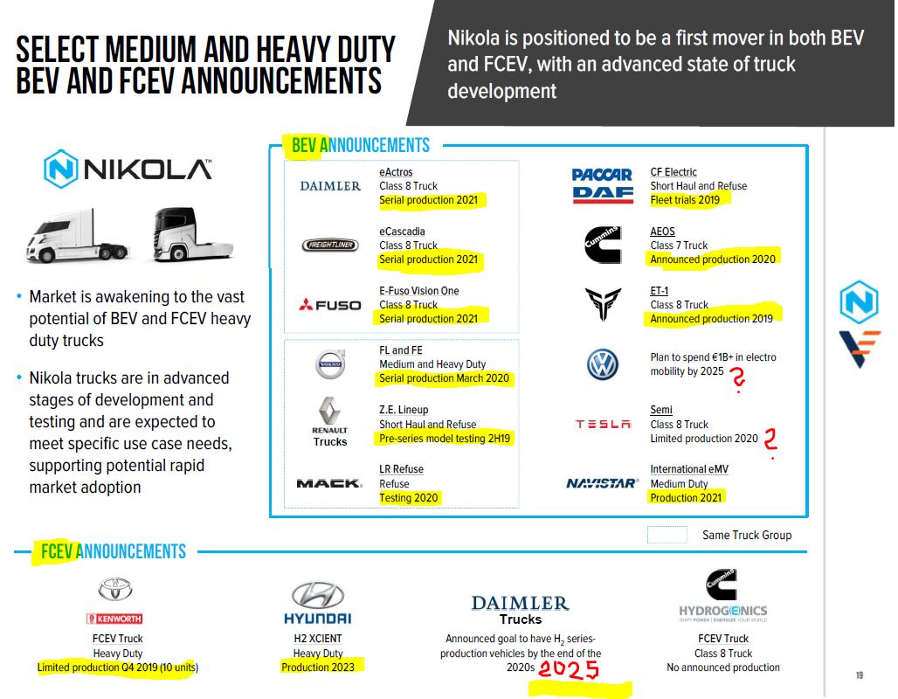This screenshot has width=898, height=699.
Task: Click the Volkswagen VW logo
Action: [x=603, y=364]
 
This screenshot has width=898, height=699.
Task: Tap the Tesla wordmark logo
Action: [x=603, y=424]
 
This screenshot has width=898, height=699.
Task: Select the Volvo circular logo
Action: [x=331, y=364]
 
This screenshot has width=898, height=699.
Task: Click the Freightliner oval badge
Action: [x=330, y=246]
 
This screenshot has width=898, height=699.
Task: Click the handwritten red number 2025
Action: [x=569, y=671]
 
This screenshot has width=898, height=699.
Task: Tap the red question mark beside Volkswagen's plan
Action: [x=738, y=378]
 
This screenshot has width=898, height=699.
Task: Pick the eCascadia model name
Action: [x=402, y=232]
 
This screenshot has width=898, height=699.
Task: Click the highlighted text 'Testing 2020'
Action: [x=410, y=497]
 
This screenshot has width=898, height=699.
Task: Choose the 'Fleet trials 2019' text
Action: [x=685, y=200]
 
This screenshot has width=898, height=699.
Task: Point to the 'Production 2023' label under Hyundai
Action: [x=318, y=667]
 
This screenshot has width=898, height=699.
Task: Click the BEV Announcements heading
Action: [x=360, y=146]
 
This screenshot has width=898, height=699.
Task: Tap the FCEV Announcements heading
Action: [x=113, y=551]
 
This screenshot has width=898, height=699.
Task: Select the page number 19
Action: [x=860, y=675]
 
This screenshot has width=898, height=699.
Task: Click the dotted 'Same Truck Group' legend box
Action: [x=667, y=535]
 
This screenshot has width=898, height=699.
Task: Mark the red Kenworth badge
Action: [x=114, y=619]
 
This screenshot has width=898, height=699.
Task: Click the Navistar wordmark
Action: [x=602, y=483]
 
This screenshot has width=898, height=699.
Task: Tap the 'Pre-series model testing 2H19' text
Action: [x=445, y=438]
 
